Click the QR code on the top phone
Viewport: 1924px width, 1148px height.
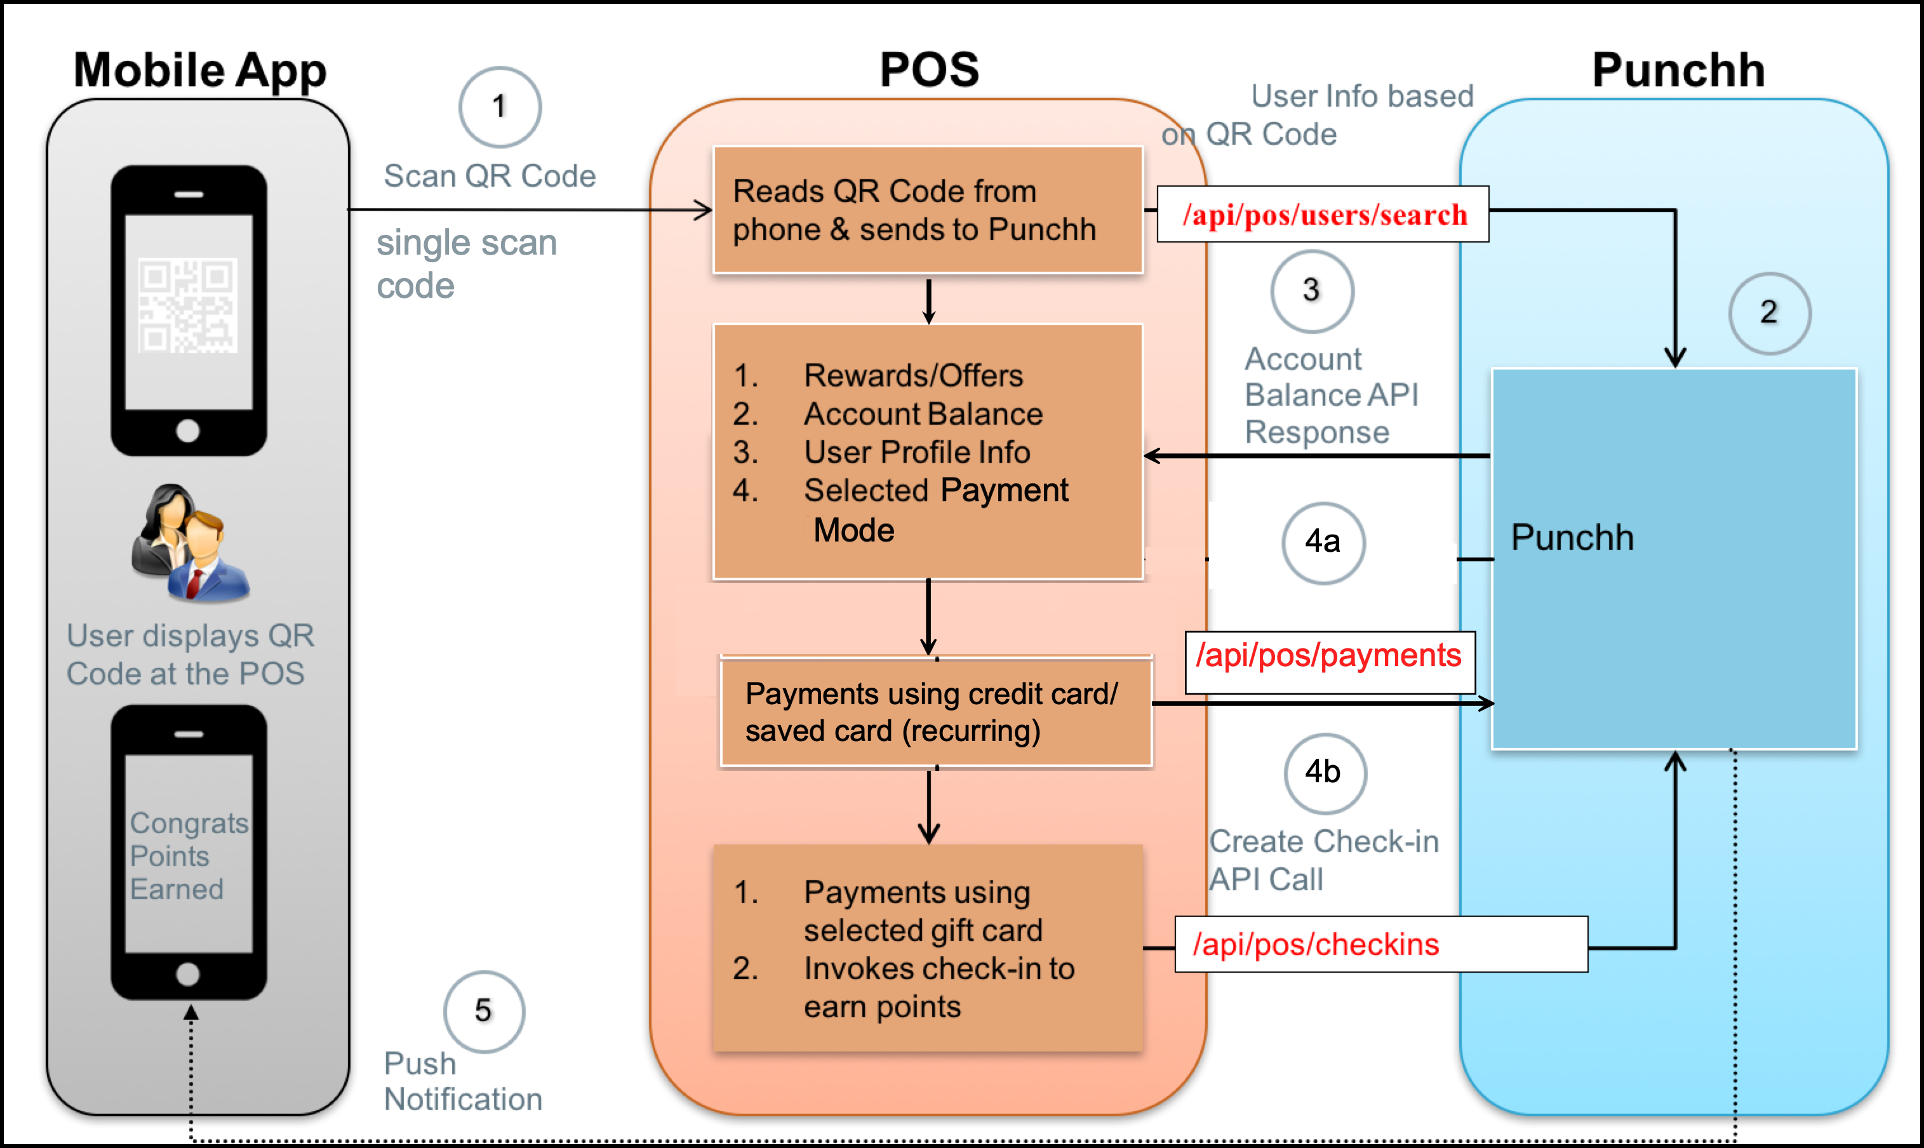click(x=187, y=305)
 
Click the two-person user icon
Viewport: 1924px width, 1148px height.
click(x=189, y=543)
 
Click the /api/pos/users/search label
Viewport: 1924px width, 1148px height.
click(x=1324, y=214)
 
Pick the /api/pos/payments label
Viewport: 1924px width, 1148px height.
click(x=1329, y=656)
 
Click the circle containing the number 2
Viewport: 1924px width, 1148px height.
click(x=1768, y=312)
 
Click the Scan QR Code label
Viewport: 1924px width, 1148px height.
click(x=490, y=177)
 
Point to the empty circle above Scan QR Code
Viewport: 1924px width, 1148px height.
click(x=500, y=107)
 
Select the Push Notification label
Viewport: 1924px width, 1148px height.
click(x=463, y=1081)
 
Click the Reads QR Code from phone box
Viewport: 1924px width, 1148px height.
click(x=927, y=210)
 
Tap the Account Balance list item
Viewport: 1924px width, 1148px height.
click(x=922, y=414)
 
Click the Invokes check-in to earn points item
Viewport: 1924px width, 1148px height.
click(x=938, y=987)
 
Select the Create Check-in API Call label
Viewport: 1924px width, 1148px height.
click(x=1323, y=860)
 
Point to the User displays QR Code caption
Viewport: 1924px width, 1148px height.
click(x=189, y=655)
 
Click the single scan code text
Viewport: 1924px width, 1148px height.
click(x=465, y=264)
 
